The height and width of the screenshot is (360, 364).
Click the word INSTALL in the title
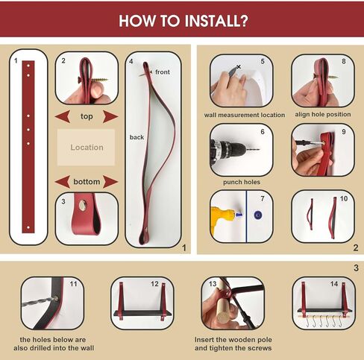coord(216,21)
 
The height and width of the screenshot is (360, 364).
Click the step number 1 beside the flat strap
coord(16,60)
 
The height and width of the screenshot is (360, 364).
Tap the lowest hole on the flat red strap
coord(28,227)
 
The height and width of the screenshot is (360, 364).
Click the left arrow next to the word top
coord(63,116)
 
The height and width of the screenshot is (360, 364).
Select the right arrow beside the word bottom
coord(110,182)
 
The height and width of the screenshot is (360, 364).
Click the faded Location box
coord(86,148)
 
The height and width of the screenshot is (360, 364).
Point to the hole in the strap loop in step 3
coord(82,205)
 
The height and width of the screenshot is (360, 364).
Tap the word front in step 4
coord(163,72)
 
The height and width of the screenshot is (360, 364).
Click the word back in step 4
coord(136,137)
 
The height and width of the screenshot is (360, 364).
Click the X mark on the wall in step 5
coord(239,66)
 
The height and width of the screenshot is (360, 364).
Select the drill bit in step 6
coord(253,150)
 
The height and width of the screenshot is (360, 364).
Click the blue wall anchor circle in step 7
coord(257,215)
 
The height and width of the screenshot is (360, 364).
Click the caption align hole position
coord(323,115)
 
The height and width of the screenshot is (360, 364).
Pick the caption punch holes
coord(242,182)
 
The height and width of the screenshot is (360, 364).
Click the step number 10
coord(344,198)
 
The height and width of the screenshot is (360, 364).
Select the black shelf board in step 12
coord(142,313)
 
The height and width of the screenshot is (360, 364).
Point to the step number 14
coord(334,284)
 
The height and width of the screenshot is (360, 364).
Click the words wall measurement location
coord(245,115)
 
